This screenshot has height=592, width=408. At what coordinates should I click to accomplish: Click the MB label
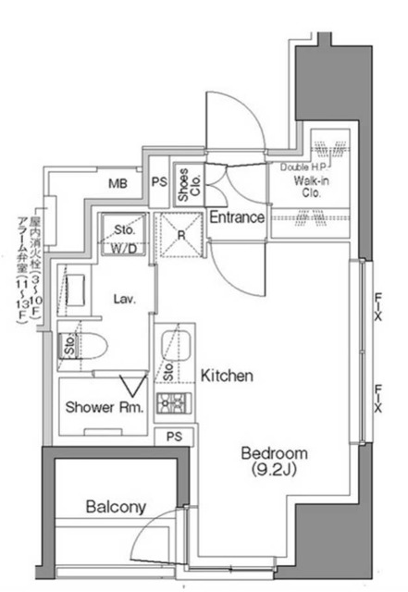[117, 184]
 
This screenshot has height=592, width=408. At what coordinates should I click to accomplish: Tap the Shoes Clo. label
[185, 185]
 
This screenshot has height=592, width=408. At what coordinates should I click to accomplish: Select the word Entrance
[237, 218]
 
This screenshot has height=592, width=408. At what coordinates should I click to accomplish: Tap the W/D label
[126, 248]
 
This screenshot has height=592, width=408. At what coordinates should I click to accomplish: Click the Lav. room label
[126, 299]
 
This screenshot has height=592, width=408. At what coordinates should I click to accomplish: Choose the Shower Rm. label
[104, 408]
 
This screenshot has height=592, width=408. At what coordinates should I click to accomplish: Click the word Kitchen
[227, 376]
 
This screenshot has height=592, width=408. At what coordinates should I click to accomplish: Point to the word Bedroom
[273, 454]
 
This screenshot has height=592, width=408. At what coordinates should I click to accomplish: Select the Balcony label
[116, 507]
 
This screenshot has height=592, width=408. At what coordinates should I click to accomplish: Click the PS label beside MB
[159, 181]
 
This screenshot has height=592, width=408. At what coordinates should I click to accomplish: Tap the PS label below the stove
[173, 437]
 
